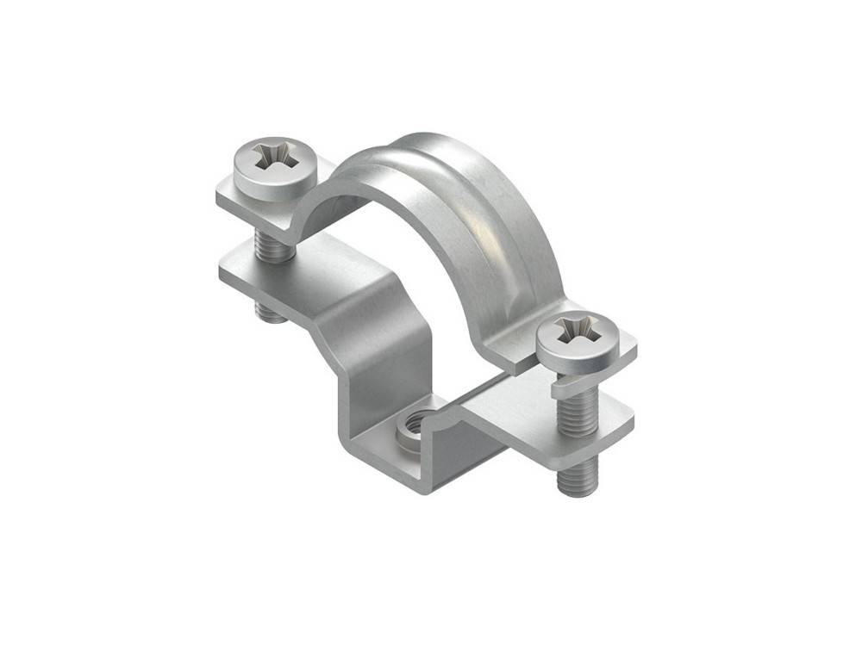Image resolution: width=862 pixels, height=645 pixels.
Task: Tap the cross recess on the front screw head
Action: point(575,329)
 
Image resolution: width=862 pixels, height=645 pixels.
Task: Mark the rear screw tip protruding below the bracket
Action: point(272,312)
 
